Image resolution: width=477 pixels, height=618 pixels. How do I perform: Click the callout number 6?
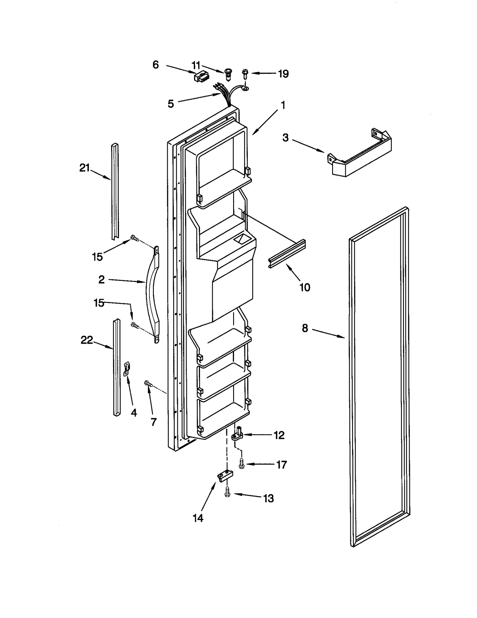[156, 65]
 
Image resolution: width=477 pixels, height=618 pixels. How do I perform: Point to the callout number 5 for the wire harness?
[171, 104]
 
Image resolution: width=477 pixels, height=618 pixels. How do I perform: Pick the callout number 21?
[84, 168]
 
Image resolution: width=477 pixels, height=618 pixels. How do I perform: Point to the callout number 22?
[87, 340]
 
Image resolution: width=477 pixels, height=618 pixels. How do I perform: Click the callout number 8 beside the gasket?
[305, 328]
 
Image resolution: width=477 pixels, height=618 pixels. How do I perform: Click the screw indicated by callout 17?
[241, 464]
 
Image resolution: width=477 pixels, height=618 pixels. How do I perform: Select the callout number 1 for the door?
[283, 105]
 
